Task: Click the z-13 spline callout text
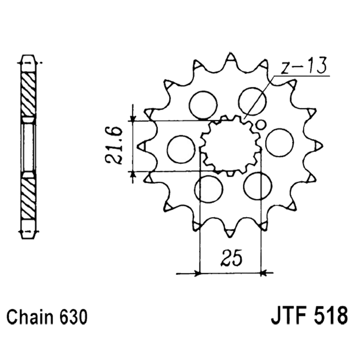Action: click(303, 66)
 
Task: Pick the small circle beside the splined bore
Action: click(261, 125)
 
